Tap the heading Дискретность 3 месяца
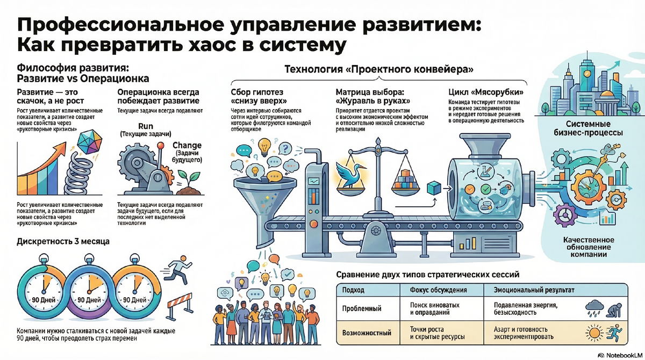click(x=63, y=242)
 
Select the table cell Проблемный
click(x=362, y=308)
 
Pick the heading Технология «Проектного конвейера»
click(x=378, y=69)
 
